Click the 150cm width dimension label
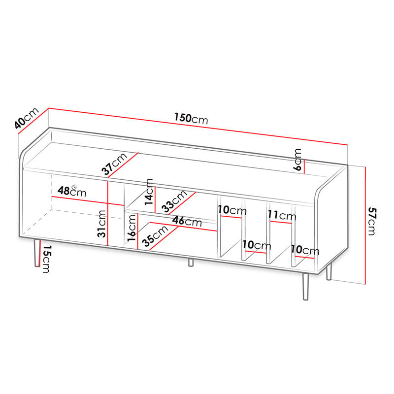191,118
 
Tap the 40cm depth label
27,118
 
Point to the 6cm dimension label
297,160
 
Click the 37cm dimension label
114,164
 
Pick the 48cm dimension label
72,191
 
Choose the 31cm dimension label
102,224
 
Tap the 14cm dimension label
149,192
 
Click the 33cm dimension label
174,201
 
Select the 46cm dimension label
187,221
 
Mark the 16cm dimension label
131,229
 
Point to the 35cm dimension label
155,236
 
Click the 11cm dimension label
282,215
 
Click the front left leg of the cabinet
37,253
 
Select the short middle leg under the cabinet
191,263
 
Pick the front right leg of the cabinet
305,287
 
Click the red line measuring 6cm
304,166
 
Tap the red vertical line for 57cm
365,226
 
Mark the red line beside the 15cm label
40,253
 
